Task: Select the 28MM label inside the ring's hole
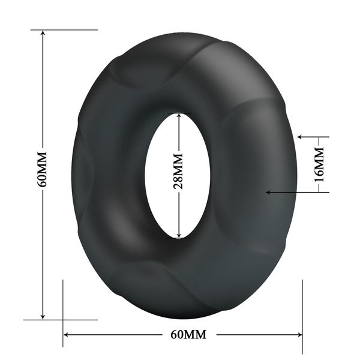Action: point(178,175)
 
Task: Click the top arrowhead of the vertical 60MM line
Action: point(43,34)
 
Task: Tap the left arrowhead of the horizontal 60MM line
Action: point(67,335)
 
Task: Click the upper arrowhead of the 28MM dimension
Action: point(178,115)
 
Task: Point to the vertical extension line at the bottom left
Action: point(63,312)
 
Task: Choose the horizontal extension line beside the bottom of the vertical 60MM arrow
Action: point(60,320)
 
